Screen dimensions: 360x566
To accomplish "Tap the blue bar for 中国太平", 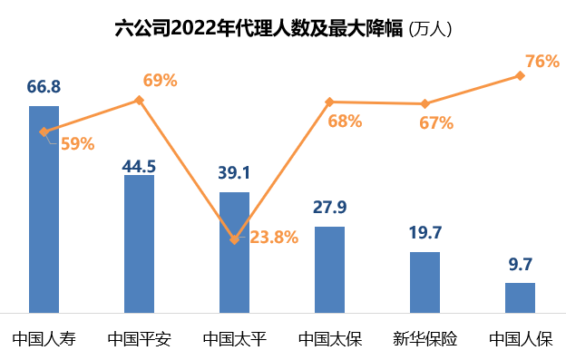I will click(x=234, y=252).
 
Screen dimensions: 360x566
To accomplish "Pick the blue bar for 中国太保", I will click(x=329, y=268).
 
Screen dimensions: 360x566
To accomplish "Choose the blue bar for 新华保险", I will click(x=424, y=281).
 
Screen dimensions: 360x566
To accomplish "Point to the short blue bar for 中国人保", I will click(x=520, y=297).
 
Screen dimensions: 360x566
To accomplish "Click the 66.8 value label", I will click(x=44, y=87).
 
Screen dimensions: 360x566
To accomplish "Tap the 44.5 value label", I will click(x=139, y=166).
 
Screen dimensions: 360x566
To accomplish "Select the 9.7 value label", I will click(x=521, y=264).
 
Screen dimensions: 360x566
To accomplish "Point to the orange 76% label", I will click(x=542, y=62).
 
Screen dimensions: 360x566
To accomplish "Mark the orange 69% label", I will click(x=160, y=80).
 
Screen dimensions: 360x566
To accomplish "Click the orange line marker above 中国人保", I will click(x=520, y=75).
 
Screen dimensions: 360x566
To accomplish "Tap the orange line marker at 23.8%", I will click(x=234, y=239).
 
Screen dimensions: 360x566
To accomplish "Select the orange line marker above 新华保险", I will click(x=424, y=103).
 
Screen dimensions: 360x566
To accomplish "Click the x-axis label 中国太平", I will click(x=234, y=340).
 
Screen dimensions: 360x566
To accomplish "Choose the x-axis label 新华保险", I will click(x=424, y=340).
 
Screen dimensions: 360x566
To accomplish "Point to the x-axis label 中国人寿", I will click(x=44, y=340).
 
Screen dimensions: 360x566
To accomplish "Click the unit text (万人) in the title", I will click(x=430, y=29).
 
